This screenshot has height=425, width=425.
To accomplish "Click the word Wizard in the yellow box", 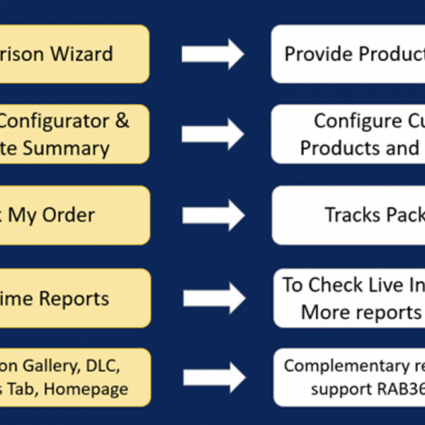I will (x=87, y=54).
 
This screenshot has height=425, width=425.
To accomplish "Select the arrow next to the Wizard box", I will (x=212, y=55).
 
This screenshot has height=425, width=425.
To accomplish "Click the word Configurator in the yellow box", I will (x=51, y=120).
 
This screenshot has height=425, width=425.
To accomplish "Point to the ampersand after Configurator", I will (x=121, y=120).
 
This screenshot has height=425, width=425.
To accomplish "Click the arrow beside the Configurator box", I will (x=212, y=134).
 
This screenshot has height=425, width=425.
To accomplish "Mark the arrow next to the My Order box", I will (x=212, y=215).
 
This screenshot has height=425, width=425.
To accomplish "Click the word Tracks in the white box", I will (x=353, y=215).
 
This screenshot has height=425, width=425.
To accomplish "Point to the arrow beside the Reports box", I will (x=212, y=297).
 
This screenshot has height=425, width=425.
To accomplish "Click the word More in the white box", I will (x=324, y=312).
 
